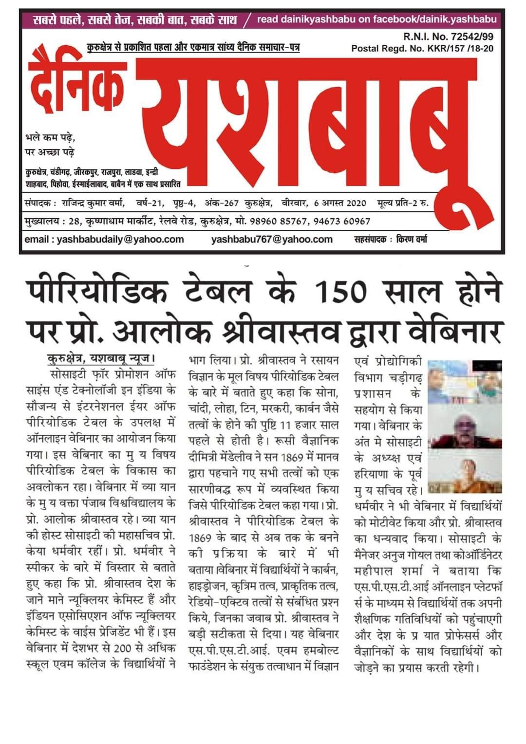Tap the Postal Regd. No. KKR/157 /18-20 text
point(422,48)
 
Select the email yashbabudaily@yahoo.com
point(104,239)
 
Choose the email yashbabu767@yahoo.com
point(272,239)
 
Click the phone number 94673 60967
point(342,221)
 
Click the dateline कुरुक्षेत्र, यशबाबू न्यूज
point(97,360)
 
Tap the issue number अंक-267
point(222,203)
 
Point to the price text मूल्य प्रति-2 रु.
point(402,203)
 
